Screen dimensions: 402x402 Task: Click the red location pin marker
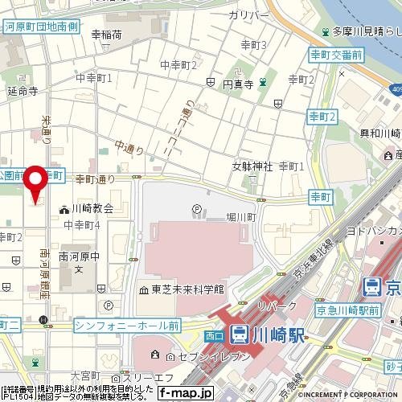(x=35, y=183)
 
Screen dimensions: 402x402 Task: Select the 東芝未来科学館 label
(x=180, y=289)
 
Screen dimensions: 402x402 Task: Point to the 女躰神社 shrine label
(x=253, y=166)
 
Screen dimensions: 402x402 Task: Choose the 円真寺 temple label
(x=238, y=83)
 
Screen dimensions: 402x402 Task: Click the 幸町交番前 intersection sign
(x=336, y=54)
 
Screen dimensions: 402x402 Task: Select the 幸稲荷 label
(x=106, y=35)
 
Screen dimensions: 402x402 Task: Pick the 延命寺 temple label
(x=23, y=91)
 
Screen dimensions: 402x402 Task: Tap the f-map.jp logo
(x=185, y=393)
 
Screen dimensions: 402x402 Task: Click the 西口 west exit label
(x=214, y=334)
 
